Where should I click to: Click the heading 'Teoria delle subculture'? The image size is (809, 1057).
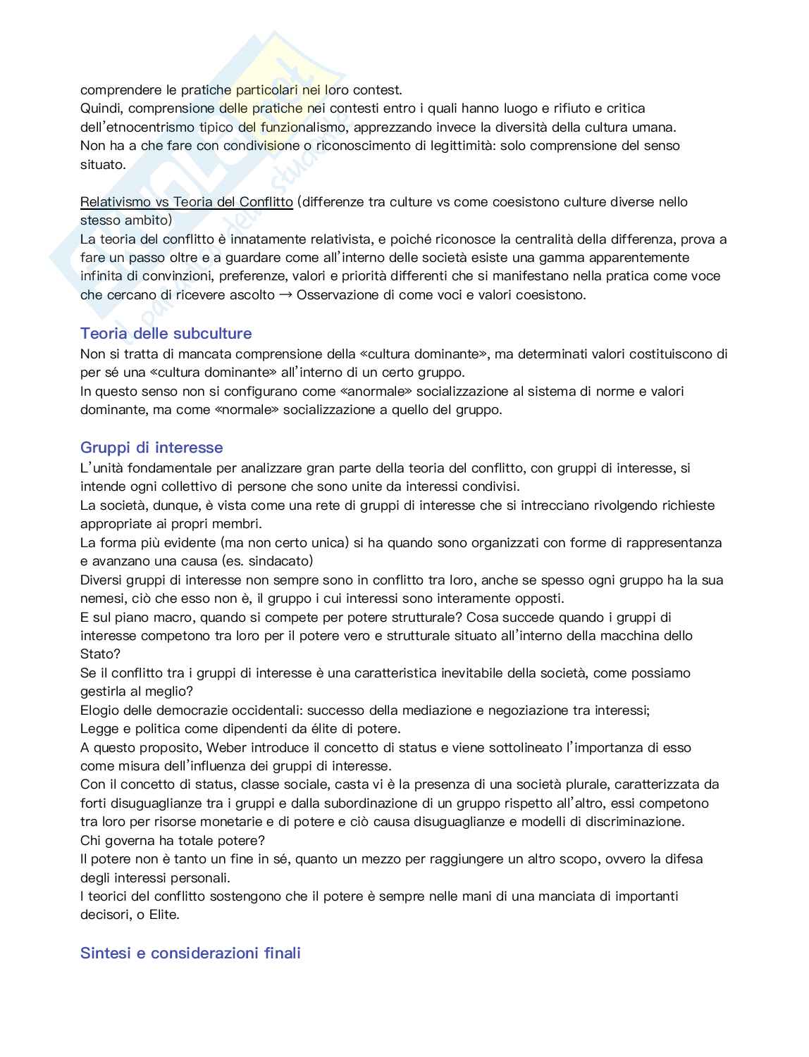(166, 333)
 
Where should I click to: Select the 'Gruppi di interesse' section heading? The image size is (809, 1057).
(152, 447)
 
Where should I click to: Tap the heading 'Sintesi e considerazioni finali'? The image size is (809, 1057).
(190, 953)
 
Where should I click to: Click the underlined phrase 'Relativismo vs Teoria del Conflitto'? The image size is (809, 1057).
(186, 202)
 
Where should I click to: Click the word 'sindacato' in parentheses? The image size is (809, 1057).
(279, 561)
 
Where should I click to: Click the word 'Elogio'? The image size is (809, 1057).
(99, 711)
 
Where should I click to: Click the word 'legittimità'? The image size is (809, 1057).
(462, 146)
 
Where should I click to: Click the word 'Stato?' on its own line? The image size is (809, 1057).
(100, 654)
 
